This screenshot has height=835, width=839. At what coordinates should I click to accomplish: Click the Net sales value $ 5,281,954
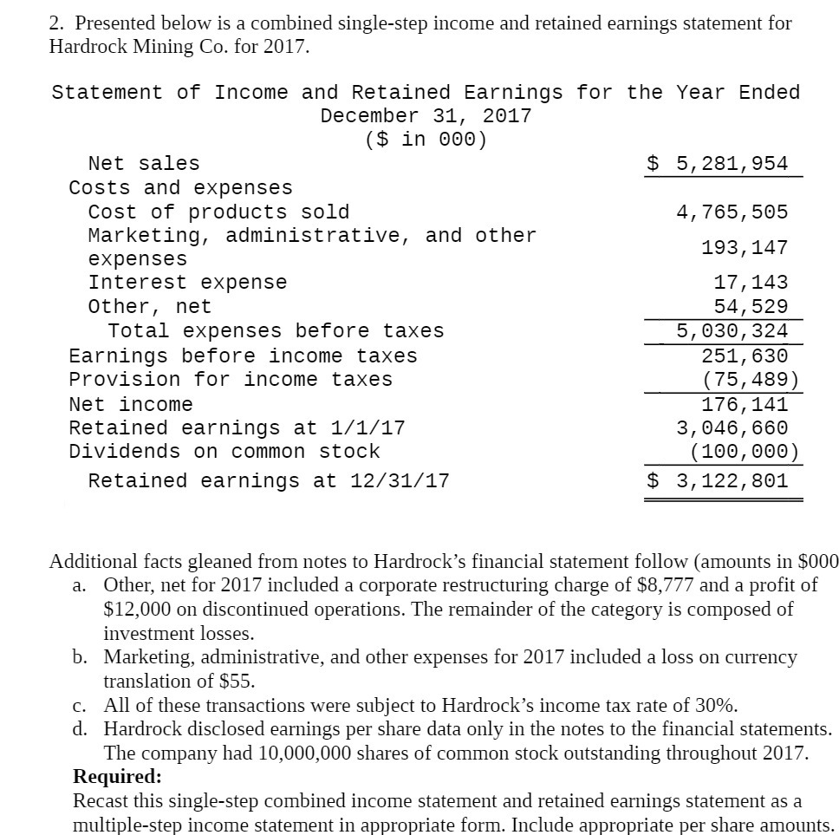[x=719, y=163]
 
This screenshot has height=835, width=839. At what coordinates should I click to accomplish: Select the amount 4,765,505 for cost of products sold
[x=732, y=212]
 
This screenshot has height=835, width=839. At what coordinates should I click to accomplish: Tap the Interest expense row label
[x=187, y=283]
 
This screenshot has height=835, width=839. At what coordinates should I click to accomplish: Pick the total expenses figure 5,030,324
[x=732, y=330]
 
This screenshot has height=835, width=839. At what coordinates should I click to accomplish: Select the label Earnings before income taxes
[x=243, y=356]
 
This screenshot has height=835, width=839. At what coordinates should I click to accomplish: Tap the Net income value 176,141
[x=745, y=404]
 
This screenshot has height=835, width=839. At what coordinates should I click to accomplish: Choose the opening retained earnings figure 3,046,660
[x=732, y=427]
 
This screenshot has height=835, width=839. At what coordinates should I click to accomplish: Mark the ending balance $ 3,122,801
[x=719, y=480]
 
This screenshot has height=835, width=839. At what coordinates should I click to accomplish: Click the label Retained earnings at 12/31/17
[x=269, y=480]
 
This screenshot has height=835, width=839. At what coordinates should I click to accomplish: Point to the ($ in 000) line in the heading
[x=426, y=139]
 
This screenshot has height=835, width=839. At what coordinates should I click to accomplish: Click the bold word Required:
[x=117, y=775]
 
